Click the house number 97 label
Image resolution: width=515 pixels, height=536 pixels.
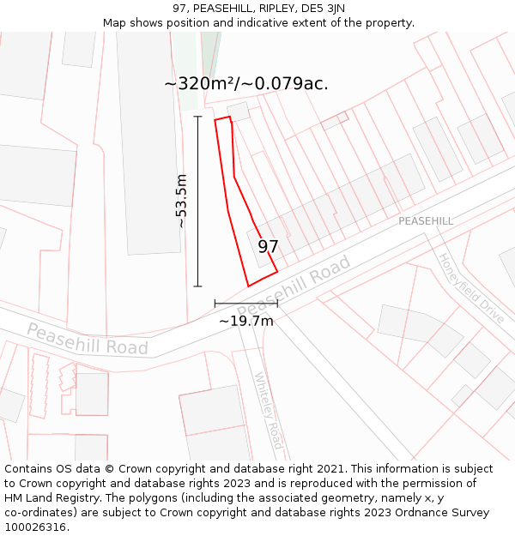[x=268, y=247]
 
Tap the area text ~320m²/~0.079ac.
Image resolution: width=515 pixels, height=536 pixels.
[x=246, y=84]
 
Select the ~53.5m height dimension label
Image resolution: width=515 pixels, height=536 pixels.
[x=181, y=201]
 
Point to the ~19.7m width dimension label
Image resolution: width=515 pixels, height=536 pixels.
[x=246, y=321]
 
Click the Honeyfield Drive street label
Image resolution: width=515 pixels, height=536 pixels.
[x=470, y=287]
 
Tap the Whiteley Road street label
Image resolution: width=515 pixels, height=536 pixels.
[x=269, y=411]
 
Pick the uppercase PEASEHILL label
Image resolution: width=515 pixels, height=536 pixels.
[x=425, y=221]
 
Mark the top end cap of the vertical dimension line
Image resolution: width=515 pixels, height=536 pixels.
[x=197, y=116]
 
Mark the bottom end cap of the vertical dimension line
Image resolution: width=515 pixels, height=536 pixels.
[x=197, y=286]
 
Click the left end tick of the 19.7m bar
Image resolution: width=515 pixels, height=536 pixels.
[x=215, y=303]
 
